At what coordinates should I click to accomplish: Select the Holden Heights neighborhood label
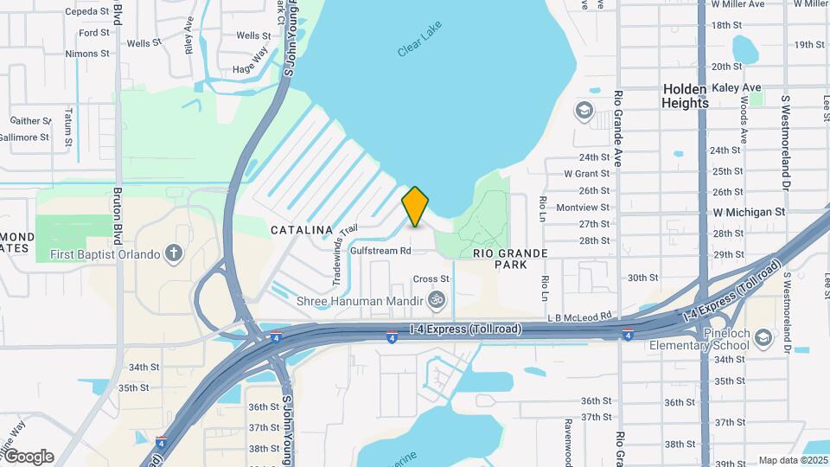pos(685,96)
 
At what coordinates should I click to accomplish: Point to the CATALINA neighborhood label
pos(302,230)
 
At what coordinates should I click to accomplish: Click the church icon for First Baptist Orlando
pos(175,254)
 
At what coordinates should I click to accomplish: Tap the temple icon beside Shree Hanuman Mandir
pos(437,301)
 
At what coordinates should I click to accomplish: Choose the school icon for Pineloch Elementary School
pos(763,337)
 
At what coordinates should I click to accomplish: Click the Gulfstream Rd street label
pos(380,251)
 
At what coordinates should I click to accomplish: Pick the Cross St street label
pos(431,279)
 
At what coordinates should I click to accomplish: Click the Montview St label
pos(583,208)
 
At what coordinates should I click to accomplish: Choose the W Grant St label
pos(587,174)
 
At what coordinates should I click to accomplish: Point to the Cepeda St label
pos(87,12)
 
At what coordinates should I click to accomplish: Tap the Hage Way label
pos(251,69)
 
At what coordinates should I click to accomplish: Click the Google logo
pos(29,456)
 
